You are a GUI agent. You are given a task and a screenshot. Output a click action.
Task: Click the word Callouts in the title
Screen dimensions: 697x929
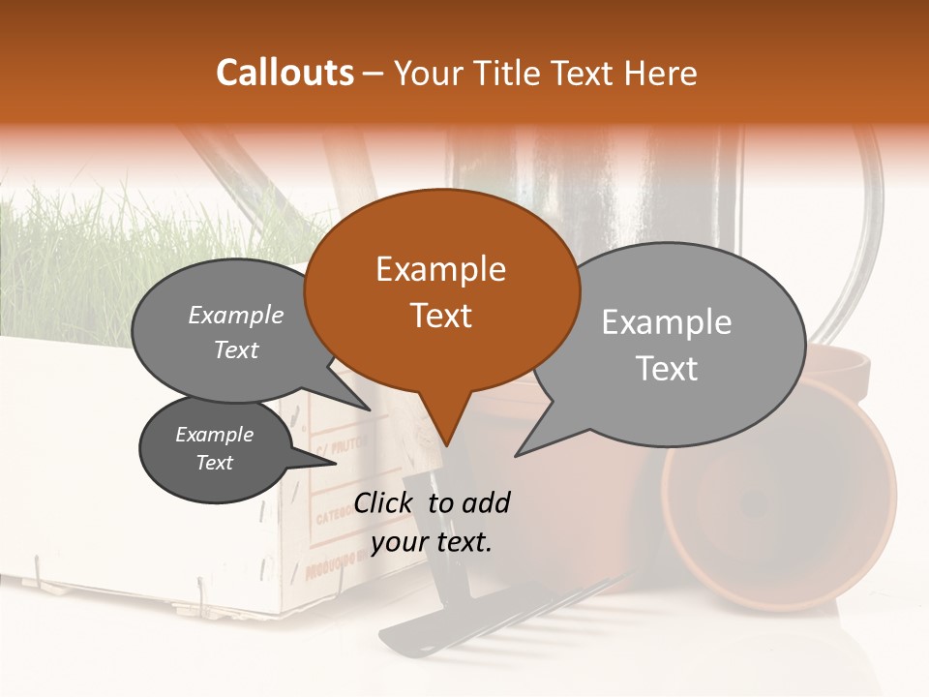pos(285,73)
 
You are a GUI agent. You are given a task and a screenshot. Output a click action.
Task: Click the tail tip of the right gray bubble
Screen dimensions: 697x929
pos(517,455)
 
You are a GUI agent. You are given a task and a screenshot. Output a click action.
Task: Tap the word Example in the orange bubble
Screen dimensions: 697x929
pos(440,269)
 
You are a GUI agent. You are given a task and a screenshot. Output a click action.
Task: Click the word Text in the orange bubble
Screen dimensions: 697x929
pos(440,316)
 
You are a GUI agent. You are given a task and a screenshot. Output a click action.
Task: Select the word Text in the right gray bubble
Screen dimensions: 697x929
pos(667,369)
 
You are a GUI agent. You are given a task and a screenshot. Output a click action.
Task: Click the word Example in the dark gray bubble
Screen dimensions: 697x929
pos(214,435)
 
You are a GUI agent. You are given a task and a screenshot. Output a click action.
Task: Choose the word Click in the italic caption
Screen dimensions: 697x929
pos(384,502)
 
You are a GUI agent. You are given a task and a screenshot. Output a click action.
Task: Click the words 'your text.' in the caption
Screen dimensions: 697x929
pos(432,542)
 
